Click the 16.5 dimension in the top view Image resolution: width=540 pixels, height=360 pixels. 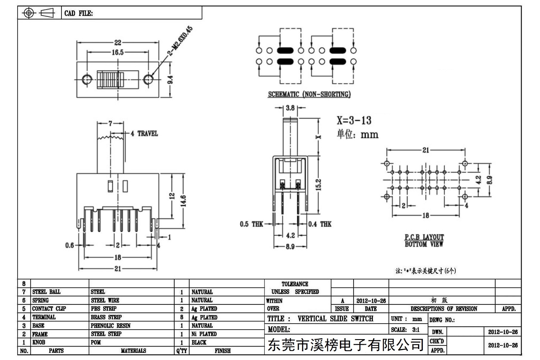[117, 52]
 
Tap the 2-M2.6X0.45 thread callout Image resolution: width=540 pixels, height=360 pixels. [180, 41]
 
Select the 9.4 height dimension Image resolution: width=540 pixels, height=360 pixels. [170, 80]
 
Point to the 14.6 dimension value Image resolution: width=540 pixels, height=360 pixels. [183, 201]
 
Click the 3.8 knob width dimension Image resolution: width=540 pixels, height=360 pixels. [290, 108]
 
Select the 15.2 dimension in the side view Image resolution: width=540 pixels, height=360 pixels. [318, 185]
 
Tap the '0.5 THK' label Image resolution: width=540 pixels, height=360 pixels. [251, 224]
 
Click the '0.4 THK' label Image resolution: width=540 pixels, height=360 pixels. [320, 224]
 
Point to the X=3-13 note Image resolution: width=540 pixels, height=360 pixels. [354, 120]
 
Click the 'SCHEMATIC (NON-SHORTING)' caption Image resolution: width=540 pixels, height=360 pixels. [309, 94]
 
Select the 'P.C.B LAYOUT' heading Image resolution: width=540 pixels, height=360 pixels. [424, 237]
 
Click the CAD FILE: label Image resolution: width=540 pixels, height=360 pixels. [78, 13]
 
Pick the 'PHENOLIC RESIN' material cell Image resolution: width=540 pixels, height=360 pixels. [111, 326]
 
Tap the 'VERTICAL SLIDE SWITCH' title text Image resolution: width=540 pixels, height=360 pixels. [335, 319]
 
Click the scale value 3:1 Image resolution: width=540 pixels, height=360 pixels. [416, 330]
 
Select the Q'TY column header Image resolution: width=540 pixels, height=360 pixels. [181, 351]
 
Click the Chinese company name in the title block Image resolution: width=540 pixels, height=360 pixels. [346, 345]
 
